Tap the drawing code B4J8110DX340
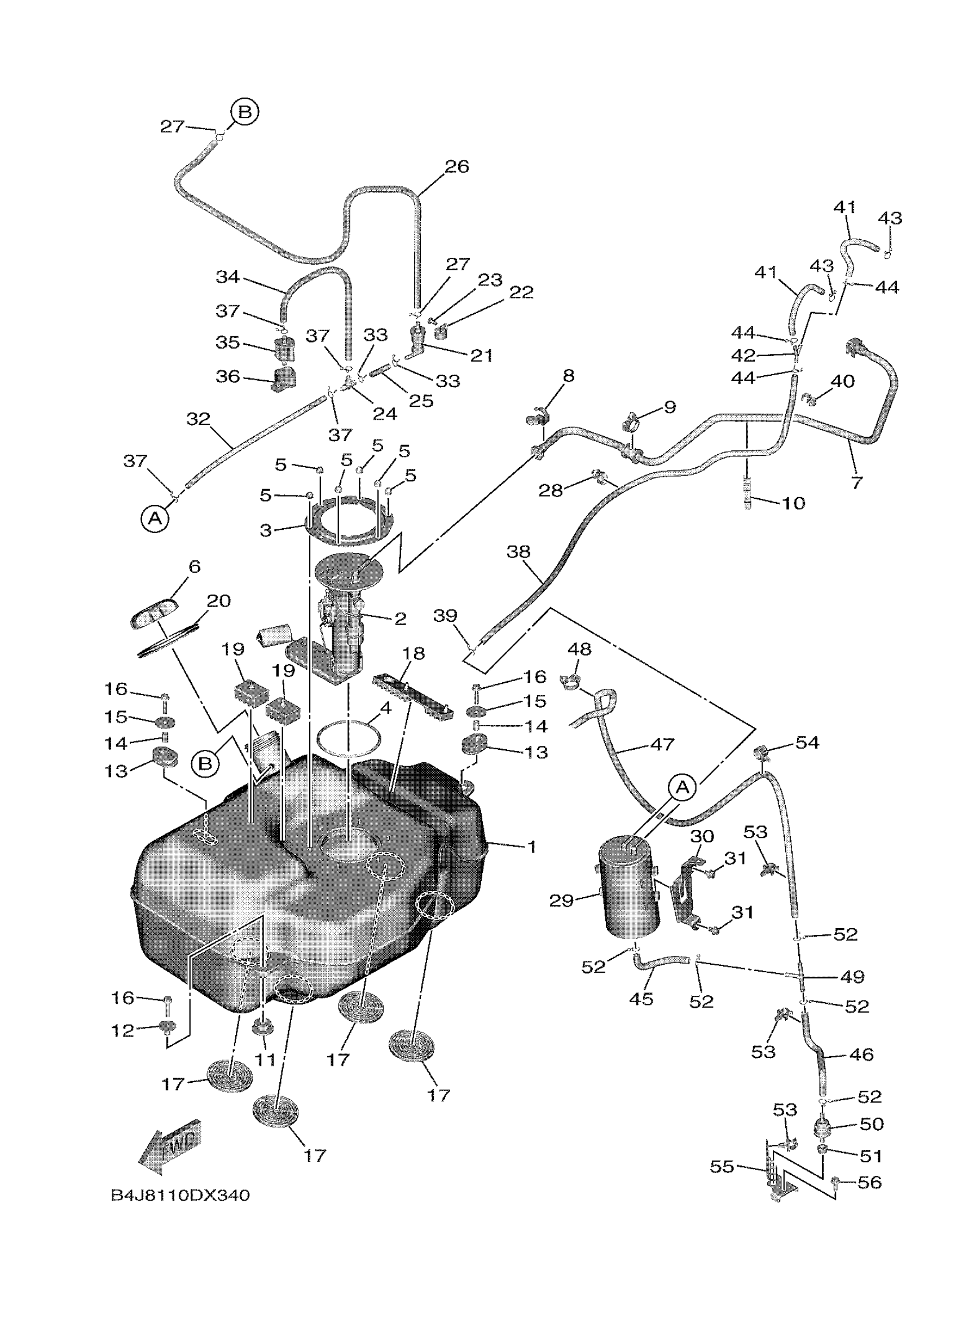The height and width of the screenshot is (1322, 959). (180, 1196)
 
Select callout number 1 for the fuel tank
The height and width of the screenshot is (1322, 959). (531, 846)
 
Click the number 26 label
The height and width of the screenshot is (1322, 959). (457, 166)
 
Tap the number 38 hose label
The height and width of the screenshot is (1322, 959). (518, 551)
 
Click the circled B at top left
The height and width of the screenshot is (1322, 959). (245, 111)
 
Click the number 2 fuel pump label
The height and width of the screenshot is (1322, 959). (400, 618)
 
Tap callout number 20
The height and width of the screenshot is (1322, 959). (218, 600)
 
